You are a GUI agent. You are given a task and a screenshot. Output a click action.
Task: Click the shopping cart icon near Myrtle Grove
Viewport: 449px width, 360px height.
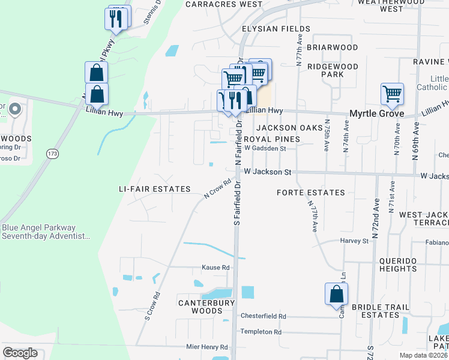click(392, 94)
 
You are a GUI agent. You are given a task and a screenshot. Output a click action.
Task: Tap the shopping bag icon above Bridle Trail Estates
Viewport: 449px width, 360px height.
click(337, 295)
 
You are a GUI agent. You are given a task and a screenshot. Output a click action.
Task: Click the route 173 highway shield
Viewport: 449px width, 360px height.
click(52, 154)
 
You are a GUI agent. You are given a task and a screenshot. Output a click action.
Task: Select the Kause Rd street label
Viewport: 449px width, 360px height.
click(215, 268)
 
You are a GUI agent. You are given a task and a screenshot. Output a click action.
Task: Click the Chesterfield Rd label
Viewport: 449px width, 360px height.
click(263, 316)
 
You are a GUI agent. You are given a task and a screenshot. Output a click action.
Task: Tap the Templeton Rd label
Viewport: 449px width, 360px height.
click(261, 332)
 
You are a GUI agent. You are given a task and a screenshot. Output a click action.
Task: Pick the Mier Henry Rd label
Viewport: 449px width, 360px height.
click(207, 347)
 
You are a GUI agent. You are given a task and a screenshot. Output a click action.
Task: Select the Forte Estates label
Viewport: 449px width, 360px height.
click(311, 193)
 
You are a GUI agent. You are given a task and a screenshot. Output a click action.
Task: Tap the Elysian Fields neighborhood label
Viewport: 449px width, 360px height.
click(276, 29)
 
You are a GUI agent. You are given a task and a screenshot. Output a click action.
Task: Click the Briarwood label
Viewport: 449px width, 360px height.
click(332, 47)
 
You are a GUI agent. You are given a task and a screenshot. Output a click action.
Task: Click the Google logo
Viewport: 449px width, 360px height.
click(20, 353)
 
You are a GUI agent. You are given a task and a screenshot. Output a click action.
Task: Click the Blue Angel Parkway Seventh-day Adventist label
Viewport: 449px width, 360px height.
click(47, 232)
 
